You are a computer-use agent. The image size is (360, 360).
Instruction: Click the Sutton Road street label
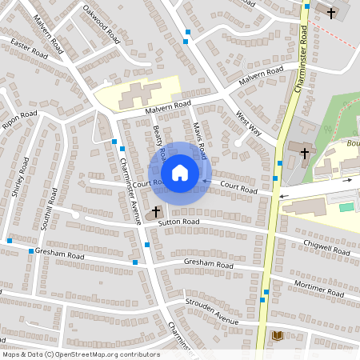(x=178, y=222)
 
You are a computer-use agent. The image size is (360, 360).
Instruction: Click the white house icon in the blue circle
(x=180, y=173)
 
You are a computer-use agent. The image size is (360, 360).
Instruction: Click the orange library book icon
(x=277, y=335)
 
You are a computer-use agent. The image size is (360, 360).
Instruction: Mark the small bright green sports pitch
(x=346, y=208)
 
